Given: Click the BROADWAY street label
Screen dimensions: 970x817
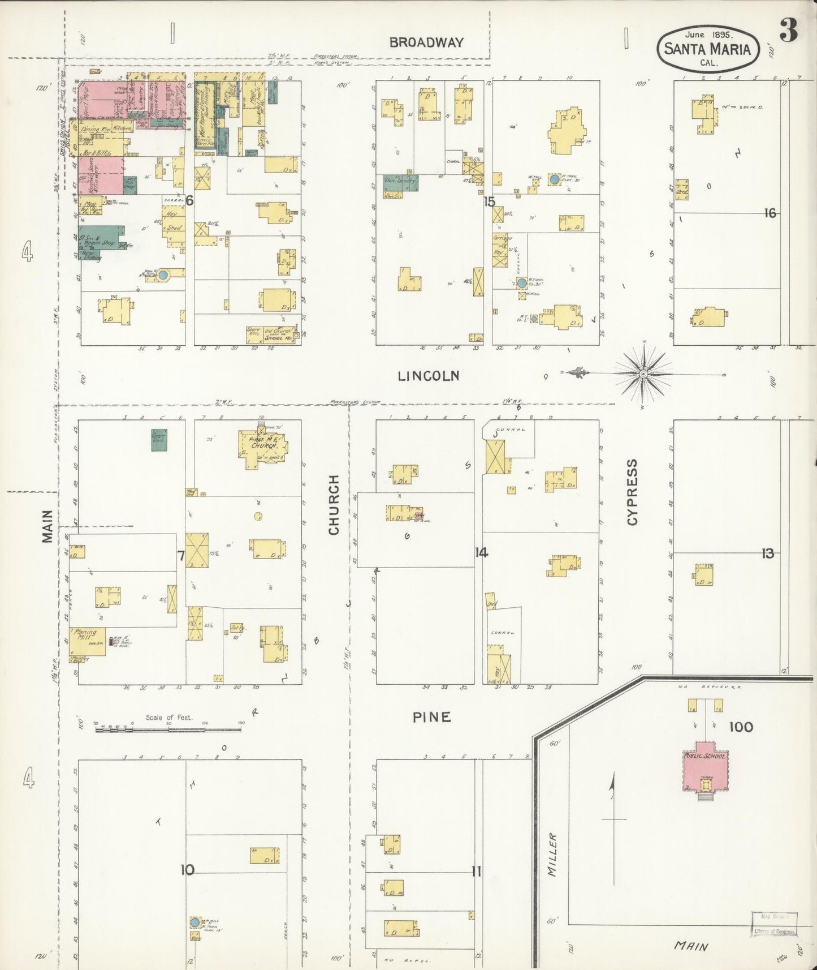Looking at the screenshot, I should coord(426,42).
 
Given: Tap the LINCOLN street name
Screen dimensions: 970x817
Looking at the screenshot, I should coord(428,376).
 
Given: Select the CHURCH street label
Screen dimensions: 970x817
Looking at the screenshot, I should coord(334,505).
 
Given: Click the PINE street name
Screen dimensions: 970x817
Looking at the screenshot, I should coord(431,717).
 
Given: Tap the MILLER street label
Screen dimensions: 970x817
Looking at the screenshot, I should coord(552,855).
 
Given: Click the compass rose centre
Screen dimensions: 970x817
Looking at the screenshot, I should coord(643,374).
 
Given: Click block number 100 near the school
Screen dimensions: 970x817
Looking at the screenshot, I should coord(741,727).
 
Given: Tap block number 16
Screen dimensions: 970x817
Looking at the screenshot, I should coord(770,213).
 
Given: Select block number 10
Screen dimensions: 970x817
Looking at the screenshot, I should coord(187,870).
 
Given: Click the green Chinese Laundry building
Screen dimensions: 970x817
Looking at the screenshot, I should coord(401,182).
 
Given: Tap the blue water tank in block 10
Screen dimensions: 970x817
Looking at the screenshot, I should coord(194,922).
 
